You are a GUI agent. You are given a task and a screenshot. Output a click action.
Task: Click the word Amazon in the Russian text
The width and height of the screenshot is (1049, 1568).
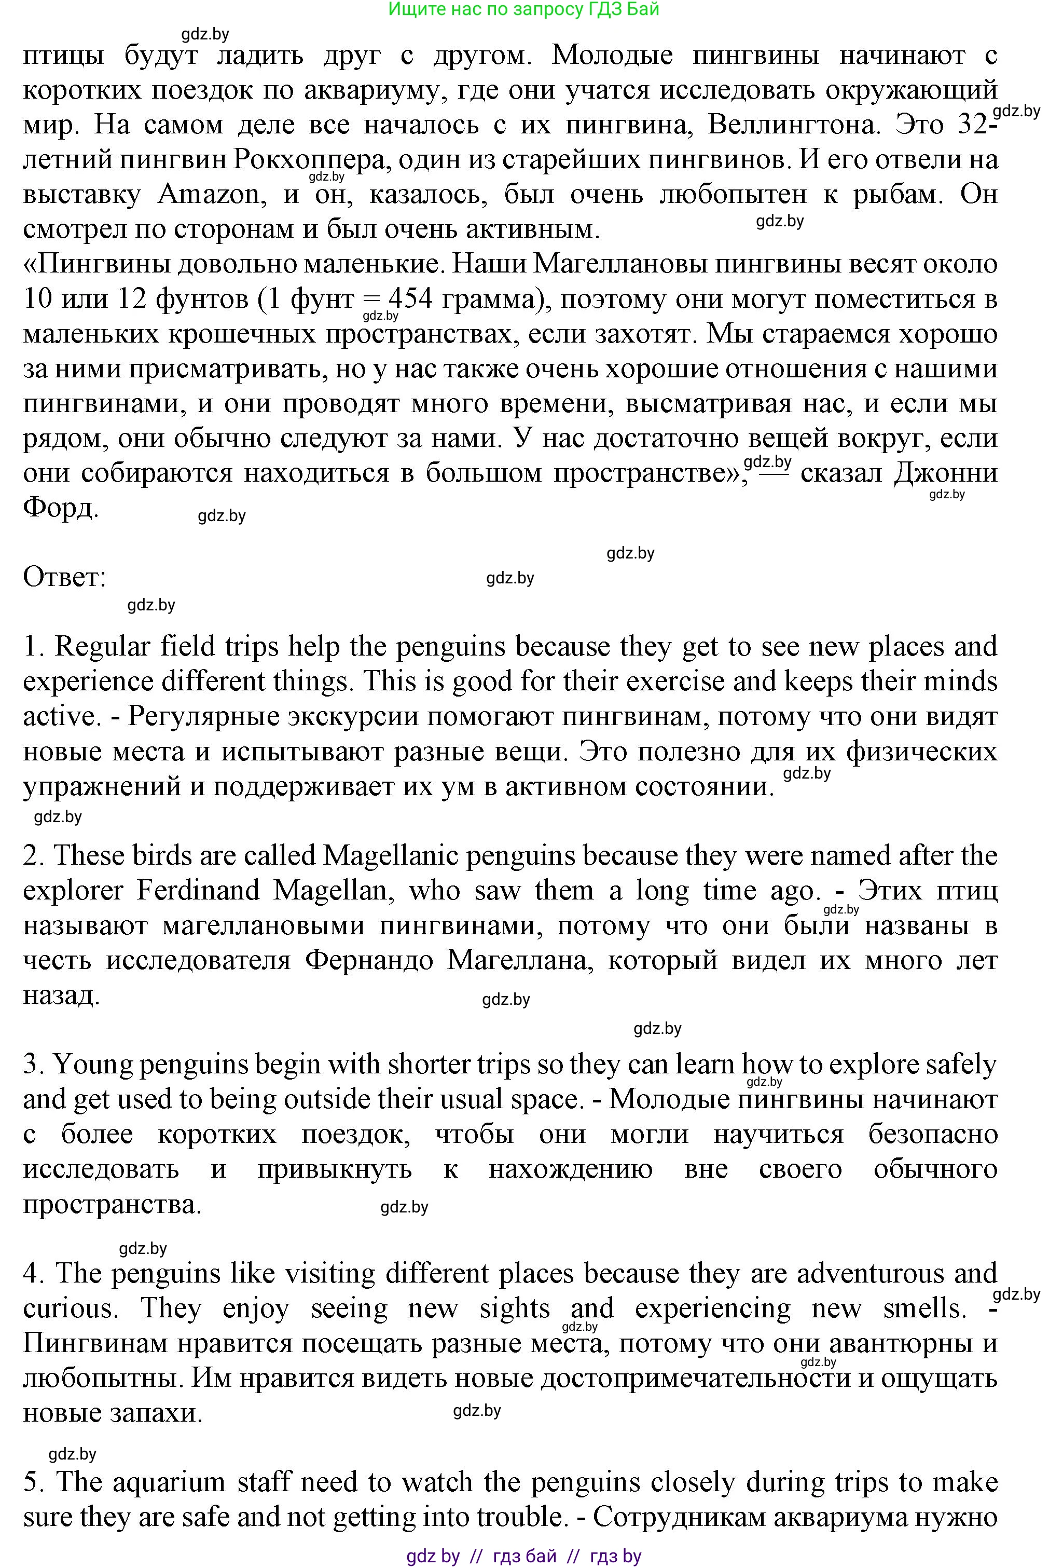[x=209, y=194]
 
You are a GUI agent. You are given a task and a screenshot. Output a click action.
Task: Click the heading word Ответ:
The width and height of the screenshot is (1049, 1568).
[x=64, y=577]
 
